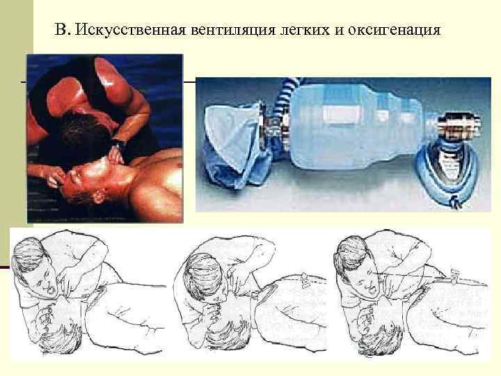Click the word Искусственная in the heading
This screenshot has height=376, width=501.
pyautogui.click(x=131, y=30)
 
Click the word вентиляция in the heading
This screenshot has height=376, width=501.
pyautogui.click(x=233, y=31)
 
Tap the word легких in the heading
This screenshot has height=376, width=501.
pyautogui.click(x=305, y=30)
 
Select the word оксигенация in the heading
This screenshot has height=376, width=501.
pyautogui.click(x=394, y=31)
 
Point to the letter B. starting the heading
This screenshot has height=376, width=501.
pyautogui.click(x=63, y=29)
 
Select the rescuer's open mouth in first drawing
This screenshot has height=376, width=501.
pyautogui.click(x=51, y=290)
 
